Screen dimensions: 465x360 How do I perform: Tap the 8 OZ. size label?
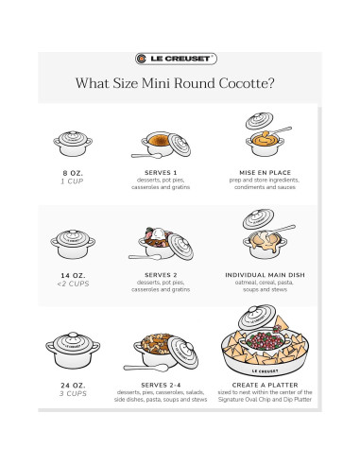(72, 173)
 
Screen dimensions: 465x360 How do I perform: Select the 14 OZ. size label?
(72, 275)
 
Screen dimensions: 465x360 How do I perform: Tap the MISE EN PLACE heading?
(264, 173)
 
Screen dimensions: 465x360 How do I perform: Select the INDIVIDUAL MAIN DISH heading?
(264, 275)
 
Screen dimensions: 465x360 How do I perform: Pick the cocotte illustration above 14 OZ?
(72, 244)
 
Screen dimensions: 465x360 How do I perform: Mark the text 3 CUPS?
(72, 393)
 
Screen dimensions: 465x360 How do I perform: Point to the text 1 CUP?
(72, 181)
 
